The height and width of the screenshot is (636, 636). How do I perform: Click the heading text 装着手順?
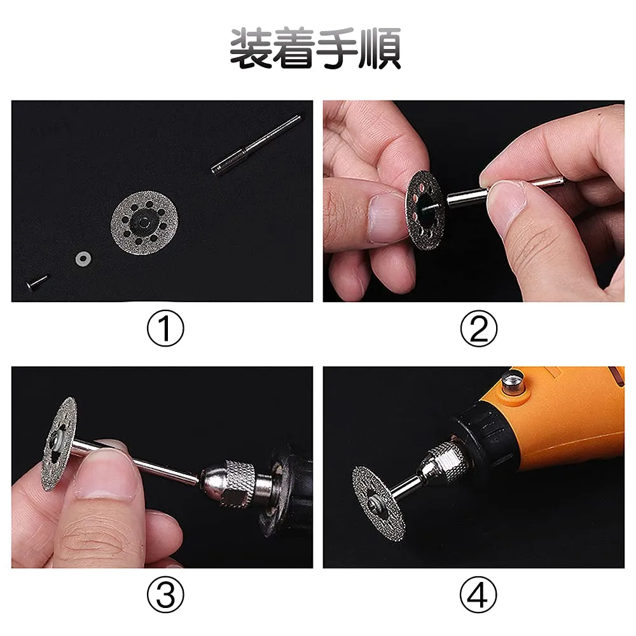click(315, 48)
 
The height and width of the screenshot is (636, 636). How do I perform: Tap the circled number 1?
click(165, 328)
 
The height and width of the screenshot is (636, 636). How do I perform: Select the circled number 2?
click(479, 328)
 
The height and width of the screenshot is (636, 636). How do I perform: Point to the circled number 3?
click(165, 595)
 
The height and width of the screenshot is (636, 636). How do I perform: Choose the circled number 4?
click(479, 595)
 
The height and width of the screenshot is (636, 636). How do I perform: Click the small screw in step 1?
click(36, 282)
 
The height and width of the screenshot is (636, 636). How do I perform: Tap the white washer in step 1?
click(83, 259)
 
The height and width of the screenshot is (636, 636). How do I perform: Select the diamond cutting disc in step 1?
click(144, 223)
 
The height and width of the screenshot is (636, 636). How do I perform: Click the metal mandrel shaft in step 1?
click(256, 145)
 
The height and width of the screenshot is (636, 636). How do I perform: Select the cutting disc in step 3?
click(59, 443)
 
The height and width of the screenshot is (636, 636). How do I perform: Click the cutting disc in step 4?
click(378, 504)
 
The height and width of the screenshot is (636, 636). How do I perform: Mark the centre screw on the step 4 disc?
click(373, 504)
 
